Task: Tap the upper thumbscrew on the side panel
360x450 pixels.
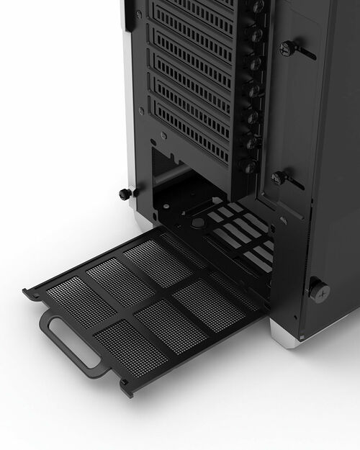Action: click(287, 48)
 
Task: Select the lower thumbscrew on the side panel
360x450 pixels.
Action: click(278, 178)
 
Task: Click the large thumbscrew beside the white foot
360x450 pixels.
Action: click(318, 290)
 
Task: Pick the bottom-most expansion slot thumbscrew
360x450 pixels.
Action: click(249, 166)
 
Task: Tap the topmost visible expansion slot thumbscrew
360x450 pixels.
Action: click(257, 7)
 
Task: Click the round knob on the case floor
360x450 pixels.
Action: click(198, 224)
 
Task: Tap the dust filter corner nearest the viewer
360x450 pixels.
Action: click(127, 390)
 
